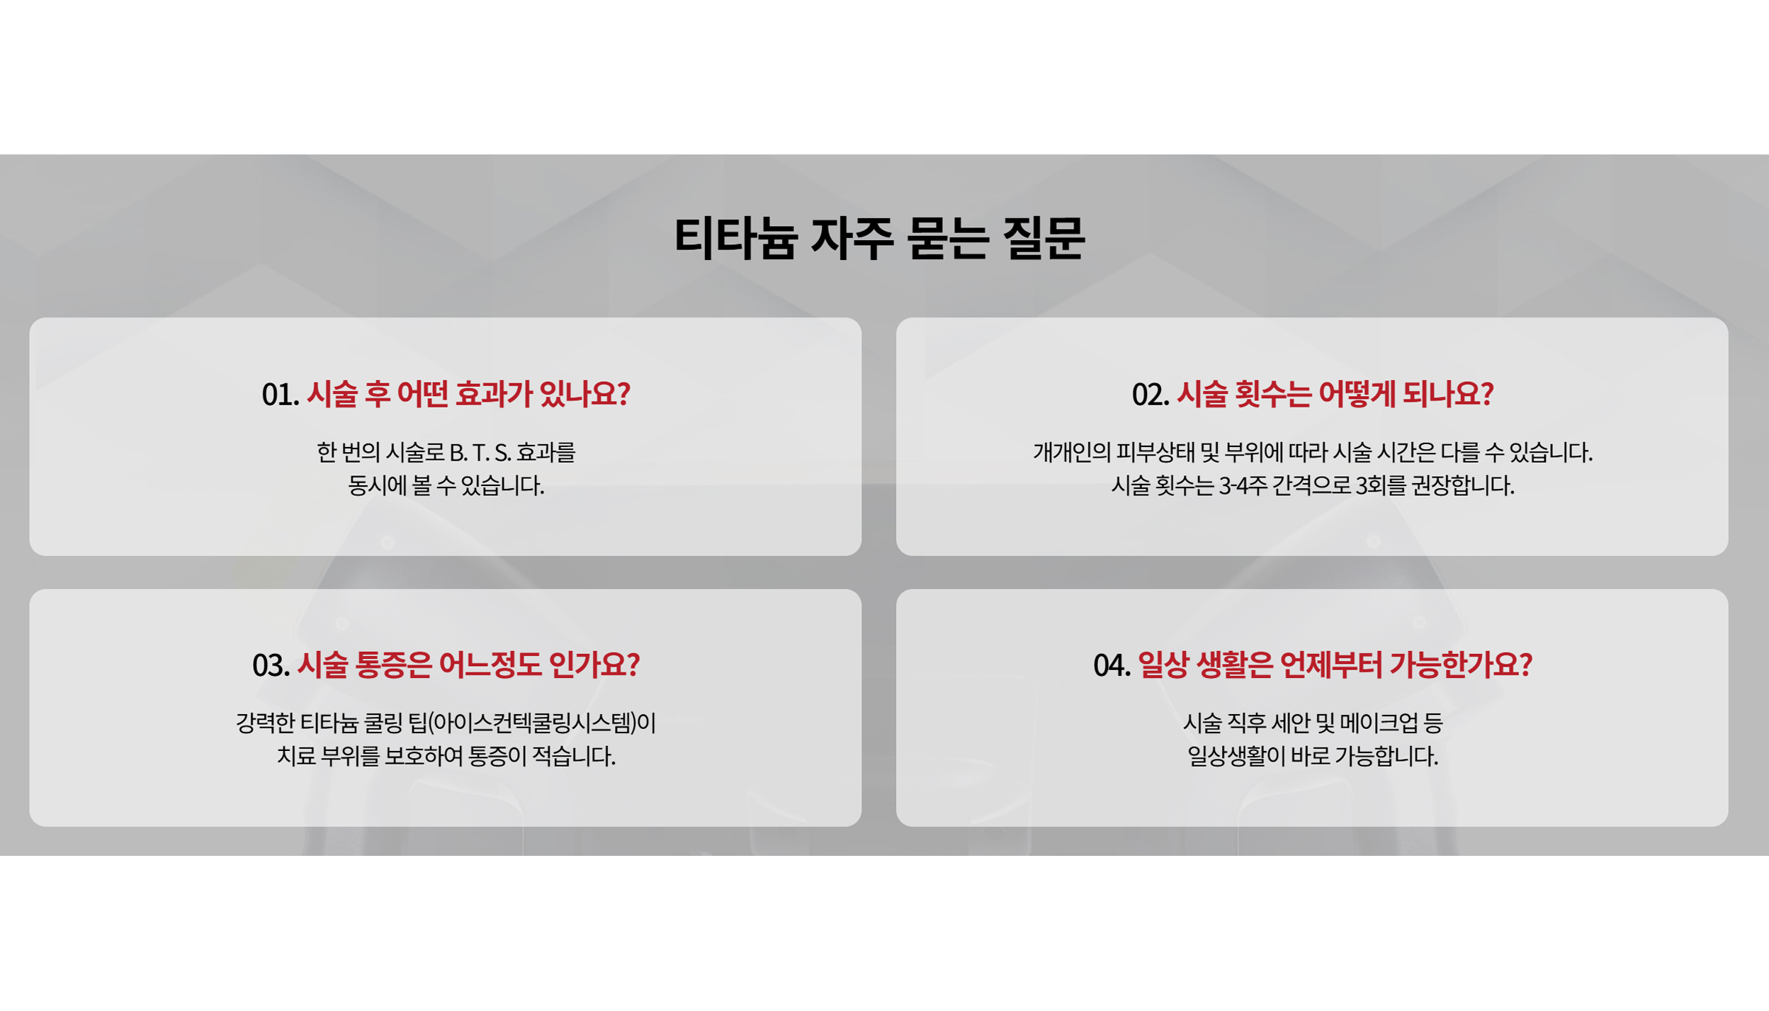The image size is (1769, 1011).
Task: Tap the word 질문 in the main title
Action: [1044, 237]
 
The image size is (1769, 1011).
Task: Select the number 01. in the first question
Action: [281, 395]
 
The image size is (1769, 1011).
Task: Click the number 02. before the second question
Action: [1151, 395]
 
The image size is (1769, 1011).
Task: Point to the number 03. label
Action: [271, 665]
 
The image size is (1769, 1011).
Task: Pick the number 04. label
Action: [1112, 665]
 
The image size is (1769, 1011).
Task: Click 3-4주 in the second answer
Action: [1243, 486]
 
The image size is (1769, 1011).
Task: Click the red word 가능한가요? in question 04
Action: [1460, 665]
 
